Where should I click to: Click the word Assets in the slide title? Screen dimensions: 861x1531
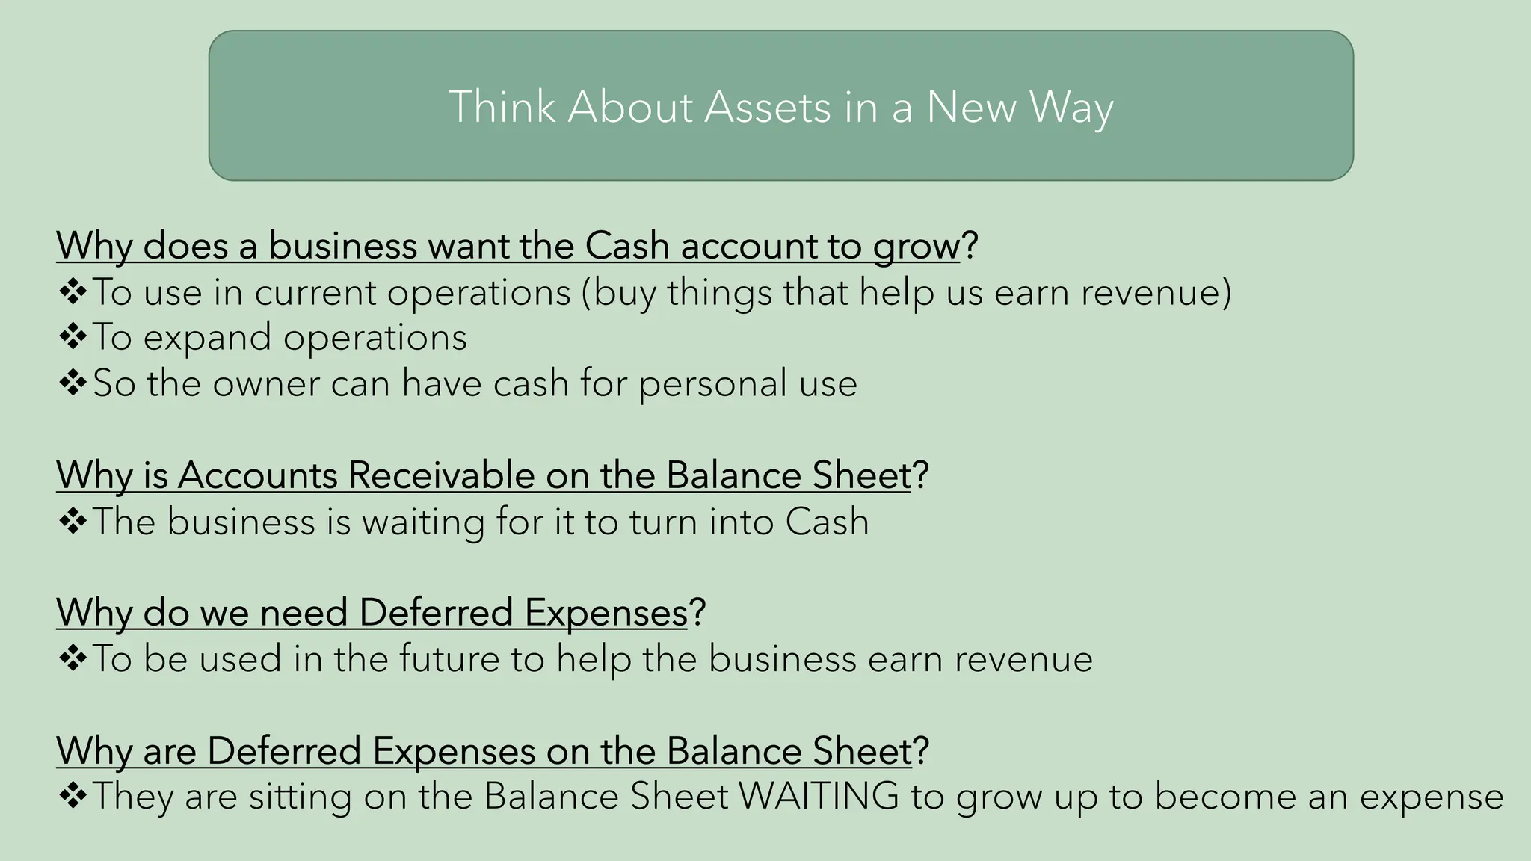(x=767, y=107)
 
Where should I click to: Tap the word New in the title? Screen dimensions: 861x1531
(x=971, y=107)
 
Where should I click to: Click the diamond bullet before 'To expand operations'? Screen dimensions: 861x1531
(x=73, y=337)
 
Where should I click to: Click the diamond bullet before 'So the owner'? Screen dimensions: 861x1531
(x=73, y=383)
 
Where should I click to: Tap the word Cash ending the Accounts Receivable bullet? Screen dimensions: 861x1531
(x=827, y=522)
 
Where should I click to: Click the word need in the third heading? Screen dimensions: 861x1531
(x=304, y=613)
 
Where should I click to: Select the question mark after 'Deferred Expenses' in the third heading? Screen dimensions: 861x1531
(x=697, y=613)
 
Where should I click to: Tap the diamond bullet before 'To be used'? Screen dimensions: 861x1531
(x=73, y=659)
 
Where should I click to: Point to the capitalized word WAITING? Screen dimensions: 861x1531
(x=819, y=796)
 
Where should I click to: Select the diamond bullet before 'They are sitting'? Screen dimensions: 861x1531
(x=73, y=796)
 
